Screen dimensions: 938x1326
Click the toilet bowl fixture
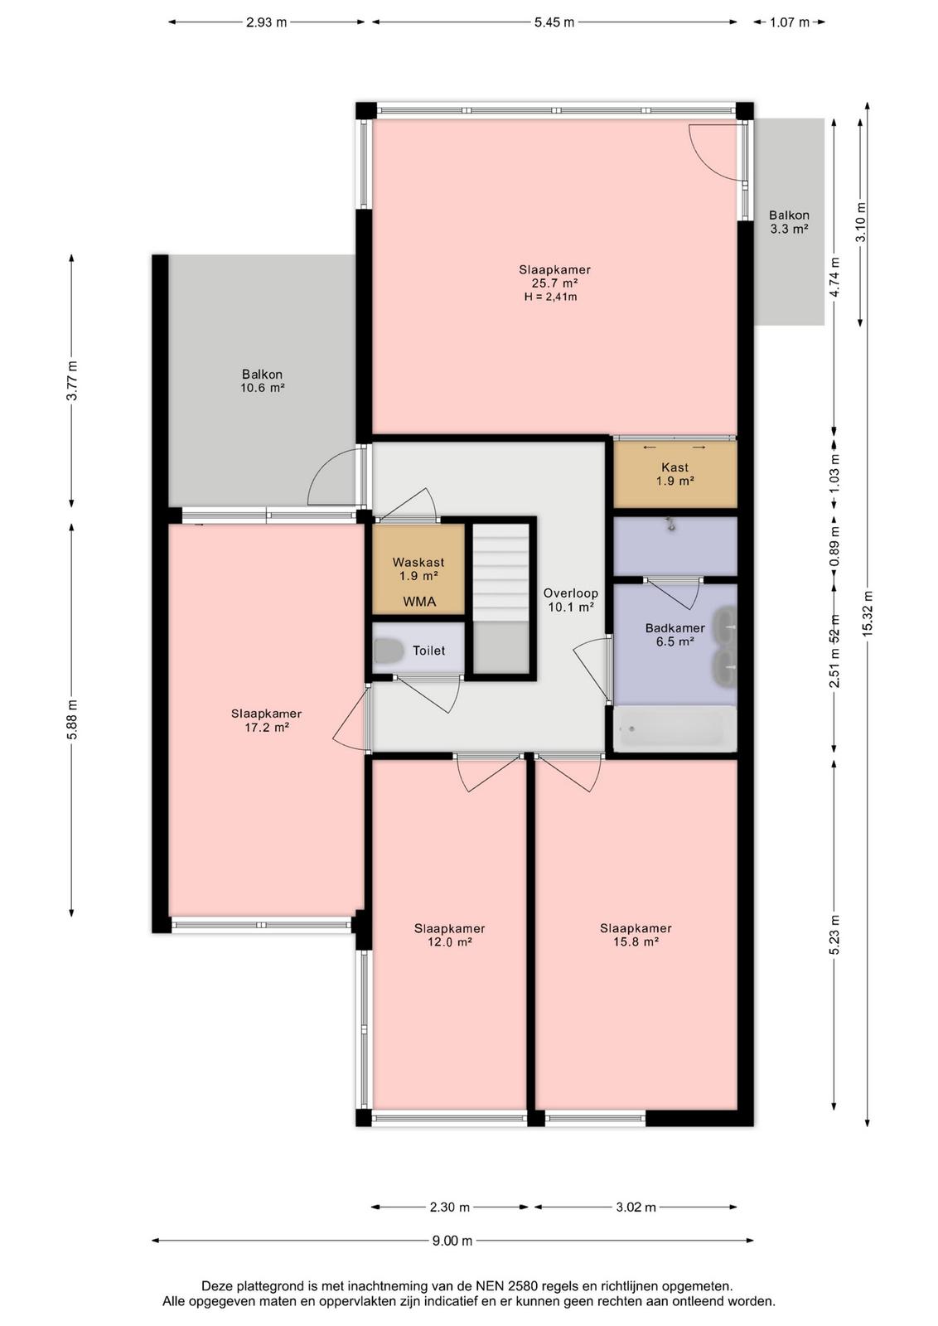(x=389, y=651)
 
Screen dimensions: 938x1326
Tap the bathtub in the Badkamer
(x=674, y=729)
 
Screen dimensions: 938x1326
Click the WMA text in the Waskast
(x=419, y=602)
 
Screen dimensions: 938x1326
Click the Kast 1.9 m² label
(x=675, y=474)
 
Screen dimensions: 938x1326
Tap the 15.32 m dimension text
(x=868, y=613)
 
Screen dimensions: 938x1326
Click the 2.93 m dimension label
(x=266, y=22)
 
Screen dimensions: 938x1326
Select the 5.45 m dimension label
(x=554, y=22)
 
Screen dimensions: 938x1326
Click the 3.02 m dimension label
(x=636, y=1207)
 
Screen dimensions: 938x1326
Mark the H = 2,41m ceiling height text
(x=550, y=298)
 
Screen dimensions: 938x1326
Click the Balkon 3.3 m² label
(x=789, y=222)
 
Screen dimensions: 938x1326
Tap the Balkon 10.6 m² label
(x=262, y=381)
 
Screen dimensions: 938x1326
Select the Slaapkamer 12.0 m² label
(x=450, y=936)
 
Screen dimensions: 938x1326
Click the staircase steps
(x=500, y=573)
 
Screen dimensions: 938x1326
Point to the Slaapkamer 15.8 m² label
(x=636, y=935)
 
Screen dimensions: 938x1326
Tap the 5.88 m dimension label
(x=71, y=719)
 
